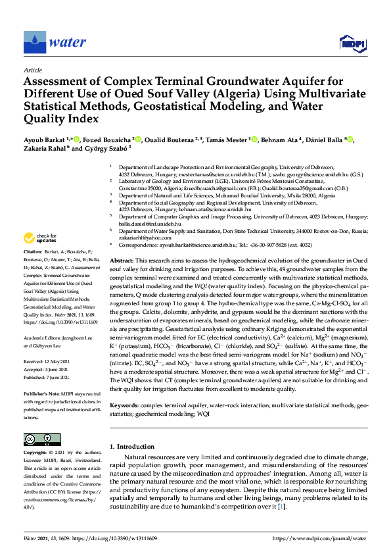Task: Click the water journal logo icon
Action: pos(34,43)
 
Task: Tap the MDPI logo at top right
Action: pos(351,43)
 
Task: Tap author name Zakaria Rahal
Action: pos(43,149)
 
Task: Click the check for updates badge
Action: pos(41,238)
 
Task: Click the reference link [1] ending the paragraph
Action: pos(281,507)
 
